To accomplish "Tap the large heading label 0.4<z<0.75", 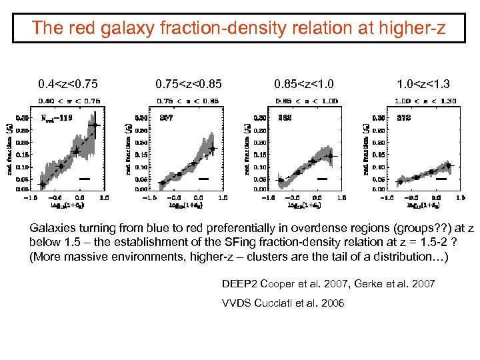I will click(67, 84).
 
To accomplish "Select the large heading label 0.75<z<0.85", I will click(188, 84).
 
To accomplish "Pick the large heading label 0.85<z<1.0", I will click(304, 84).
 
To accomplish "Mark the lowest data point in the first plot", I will click(43, 184).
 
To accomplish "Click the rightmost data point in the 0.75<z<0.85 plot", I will click(212, 149).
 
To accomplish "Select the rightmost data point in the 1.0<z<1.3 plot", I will click(449, 165).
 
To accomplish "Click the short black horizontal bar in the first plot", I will click(85, 179).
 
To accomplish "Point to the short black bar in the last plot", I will click(441, 179).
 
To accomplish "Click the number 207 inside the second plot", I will click(167, 117).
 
